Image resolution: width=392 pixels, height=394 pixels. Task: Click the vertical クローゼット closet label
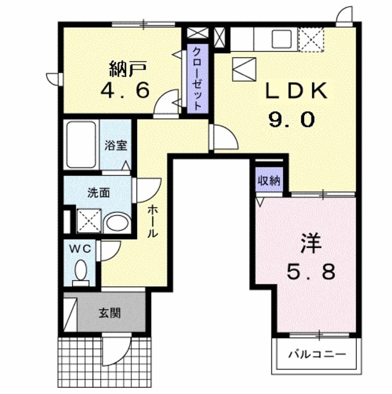[198, 79]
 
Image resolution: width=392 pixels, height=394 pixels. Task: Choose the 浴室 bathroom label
[115, 145]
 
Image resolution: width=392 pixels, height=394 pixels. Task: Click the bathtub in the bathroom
[81, 146]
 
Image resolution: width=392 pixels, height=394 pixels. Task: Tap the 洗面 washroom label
[98, 192]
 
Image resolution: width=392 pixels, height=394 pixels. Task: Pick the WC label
[80, 249]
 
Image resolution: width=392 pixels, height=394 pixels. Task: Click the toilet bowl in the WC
[80, 271]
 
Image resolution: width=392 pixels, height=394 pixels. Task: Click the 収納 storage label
[269, 180]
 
